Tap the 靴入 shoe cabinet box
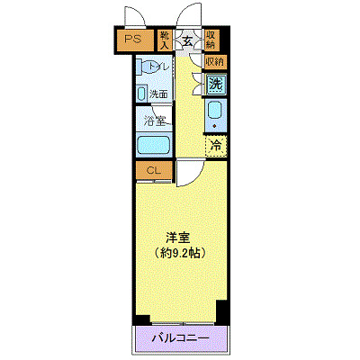click(x=165, y=39)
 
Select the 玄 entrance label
click(x=188, y=39)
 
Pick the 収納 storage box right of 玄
click(x=211, y=39)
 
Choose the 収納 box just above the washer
click(x=214, y=62)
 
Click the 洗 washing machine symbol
click(x=215, y=84)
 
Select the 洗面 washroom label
click(x=159, y=93)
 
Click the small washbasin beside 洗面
click(x=142, y=93)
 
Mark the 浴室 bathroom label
click(x=155, y=120)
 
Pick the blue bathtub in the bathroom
click(x=154, y=146)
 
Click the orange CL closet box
click(x=154, y=171)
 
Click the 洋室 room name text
click(x=176, y=238)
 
